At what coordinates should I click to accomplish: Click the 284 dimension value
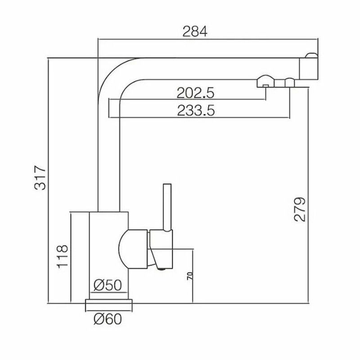195,31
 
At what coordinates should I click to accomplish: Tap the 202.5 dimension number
195,93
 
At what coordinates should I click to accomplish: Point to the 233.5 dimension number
196,110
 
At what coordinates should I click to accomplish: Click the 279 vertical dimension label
300,209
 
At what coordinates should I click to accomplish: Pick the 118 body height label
63,256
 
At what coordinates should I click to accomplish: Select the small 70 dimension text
190,275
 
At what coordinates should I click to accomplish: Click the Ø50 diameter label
108,285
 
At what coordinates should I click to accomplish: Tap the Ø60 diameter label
108,319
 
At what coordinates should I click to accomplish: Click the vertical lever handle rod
167,207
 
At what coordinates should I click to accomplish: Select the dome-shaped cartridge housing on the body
133,249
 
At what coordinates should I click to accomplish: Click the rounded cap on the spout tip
311,55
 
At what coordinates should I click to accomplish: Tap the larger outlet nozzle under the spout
265,81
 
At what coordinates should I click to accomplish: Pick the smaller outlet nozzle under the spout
289,83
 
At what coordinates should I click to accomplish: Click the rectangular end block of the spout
309,69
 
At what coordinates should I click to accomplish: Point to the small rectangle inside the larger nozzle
265,86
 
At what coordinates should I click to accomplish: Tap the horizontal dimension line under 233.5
199,117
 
